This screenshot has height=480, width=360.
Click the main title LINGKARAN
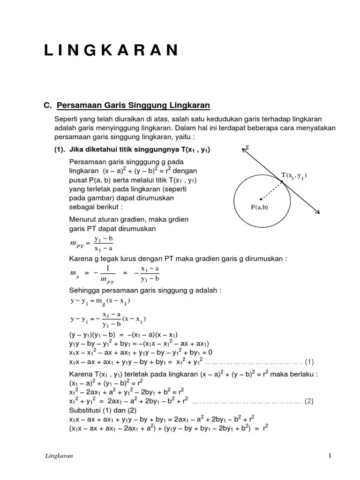111,50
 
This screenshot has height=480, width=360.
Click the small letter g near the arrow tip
247,147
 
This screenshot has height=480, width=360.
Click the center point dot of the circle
261,199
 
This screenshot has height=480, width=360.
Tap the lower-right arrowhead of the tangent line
319,212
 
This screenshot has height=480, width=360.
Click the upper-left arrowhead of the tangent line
245,150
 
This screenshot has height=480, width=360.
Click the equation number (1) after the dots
309,361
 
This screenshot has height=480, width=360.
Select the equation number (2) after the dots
309,401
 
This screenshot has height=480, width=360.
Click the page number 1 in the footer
330,456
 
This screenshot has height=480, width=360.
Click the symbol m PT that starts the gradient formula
75,243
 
